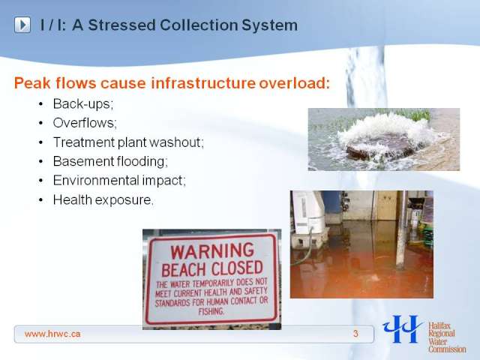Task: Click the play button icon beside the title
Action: pyautogui.click(x=22, y=25)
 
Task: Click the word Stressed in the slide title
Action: pyautogui.click(x=121, y=25)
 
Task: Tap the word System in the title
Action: pyautogui.click(x=269, y=25)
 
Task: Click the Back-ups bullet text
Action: pyautogui.click(x=83, y=104)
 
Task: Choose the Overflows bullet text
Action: pyautogui.click(x=85, y=123)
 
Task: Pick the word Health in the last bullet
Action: pyautogui.click(x=72, y=200)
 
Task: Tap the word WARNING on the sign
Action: pyautogui.click(x=212, y=251)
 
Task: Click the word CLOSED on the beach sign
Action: pyautogui.click(x=237, y=268)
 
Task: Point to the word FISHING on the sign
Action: pyautogui.click(x=211, y=312)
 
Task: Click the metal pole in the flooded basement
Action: pyautogui.click(x=402, y=229)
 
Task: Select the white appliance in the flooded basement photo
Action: pyautogui.click(x=308, y=214)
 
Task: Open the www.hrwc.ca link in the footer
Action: pyautogui.click(x=52, y=334)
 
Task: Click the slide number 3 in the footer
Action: pyautogui.click(x=355, y=334)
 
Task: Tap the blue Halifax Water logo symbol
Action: pyautogui.click(x=402, y=329)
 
